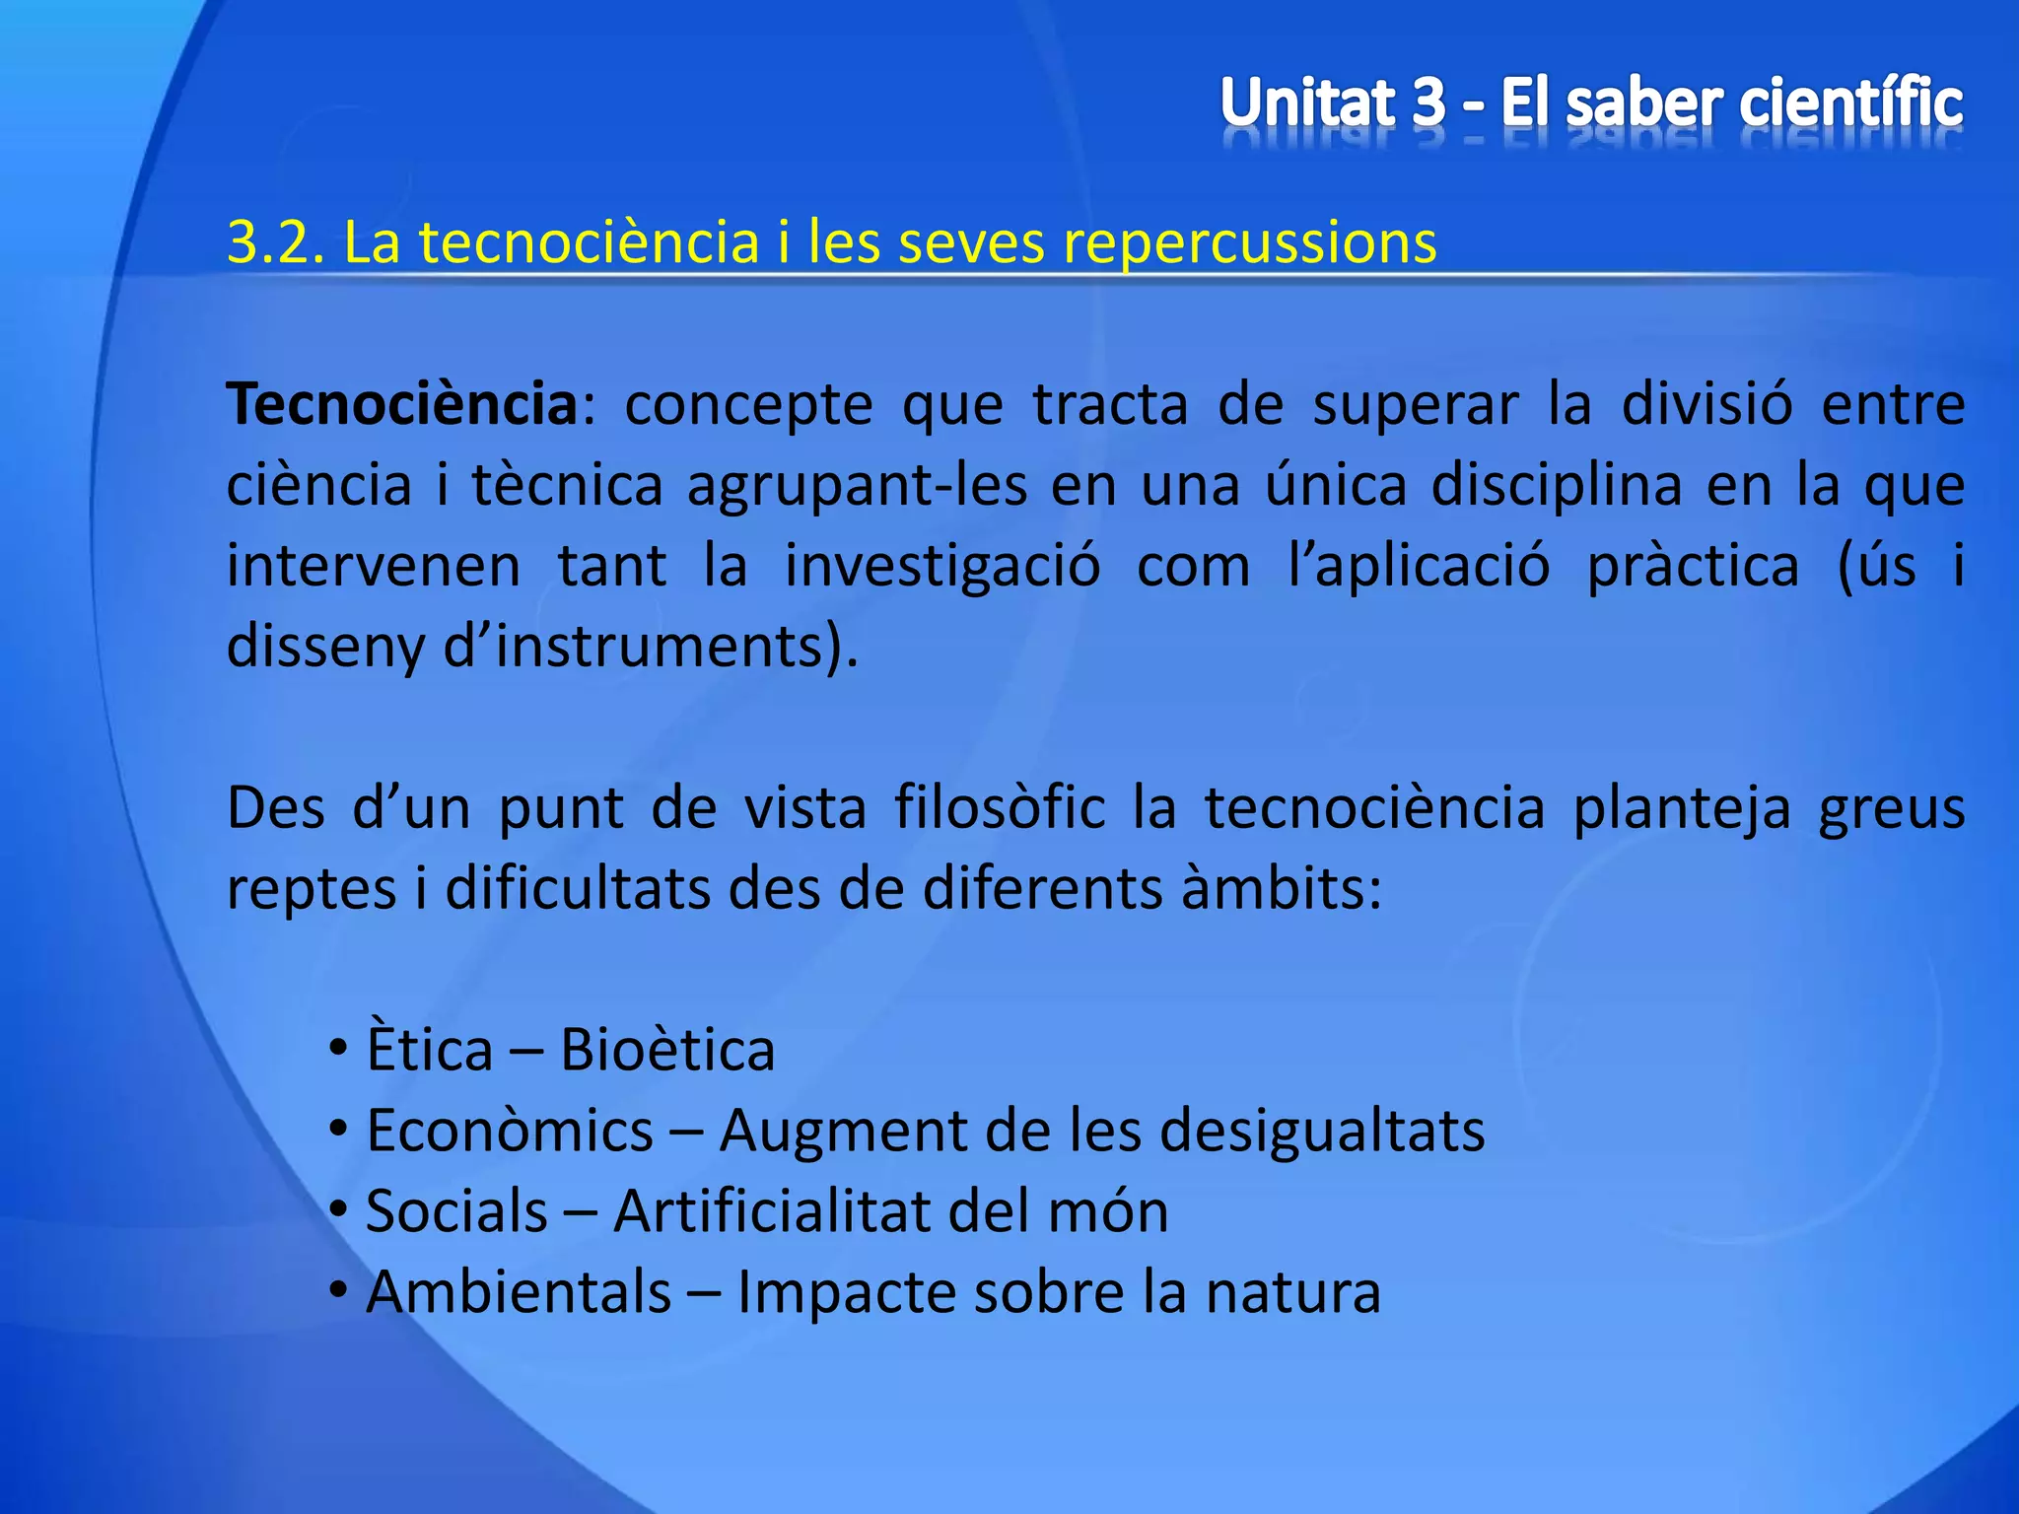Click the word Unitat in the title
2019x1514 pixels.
click(x=1308, y=103)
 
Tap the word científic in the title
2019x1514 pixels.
click(x=1850, y=103)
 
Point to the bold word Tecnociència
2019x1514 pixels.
click(x=402, y=404)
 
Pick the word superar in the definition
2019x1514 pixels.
click(x=1415, y=404)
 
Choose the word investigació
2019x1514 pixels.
click(x=941, y=566)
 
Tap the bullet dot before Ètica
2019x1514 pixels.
click(x=338, y=1049)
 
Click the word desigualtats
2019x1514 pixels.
click(x=1321, y=1131)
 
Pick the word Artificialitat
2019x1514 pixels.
click(x=770, y=1211)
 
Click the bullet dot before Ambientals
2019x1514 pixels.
click(x=338, y=1291)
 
